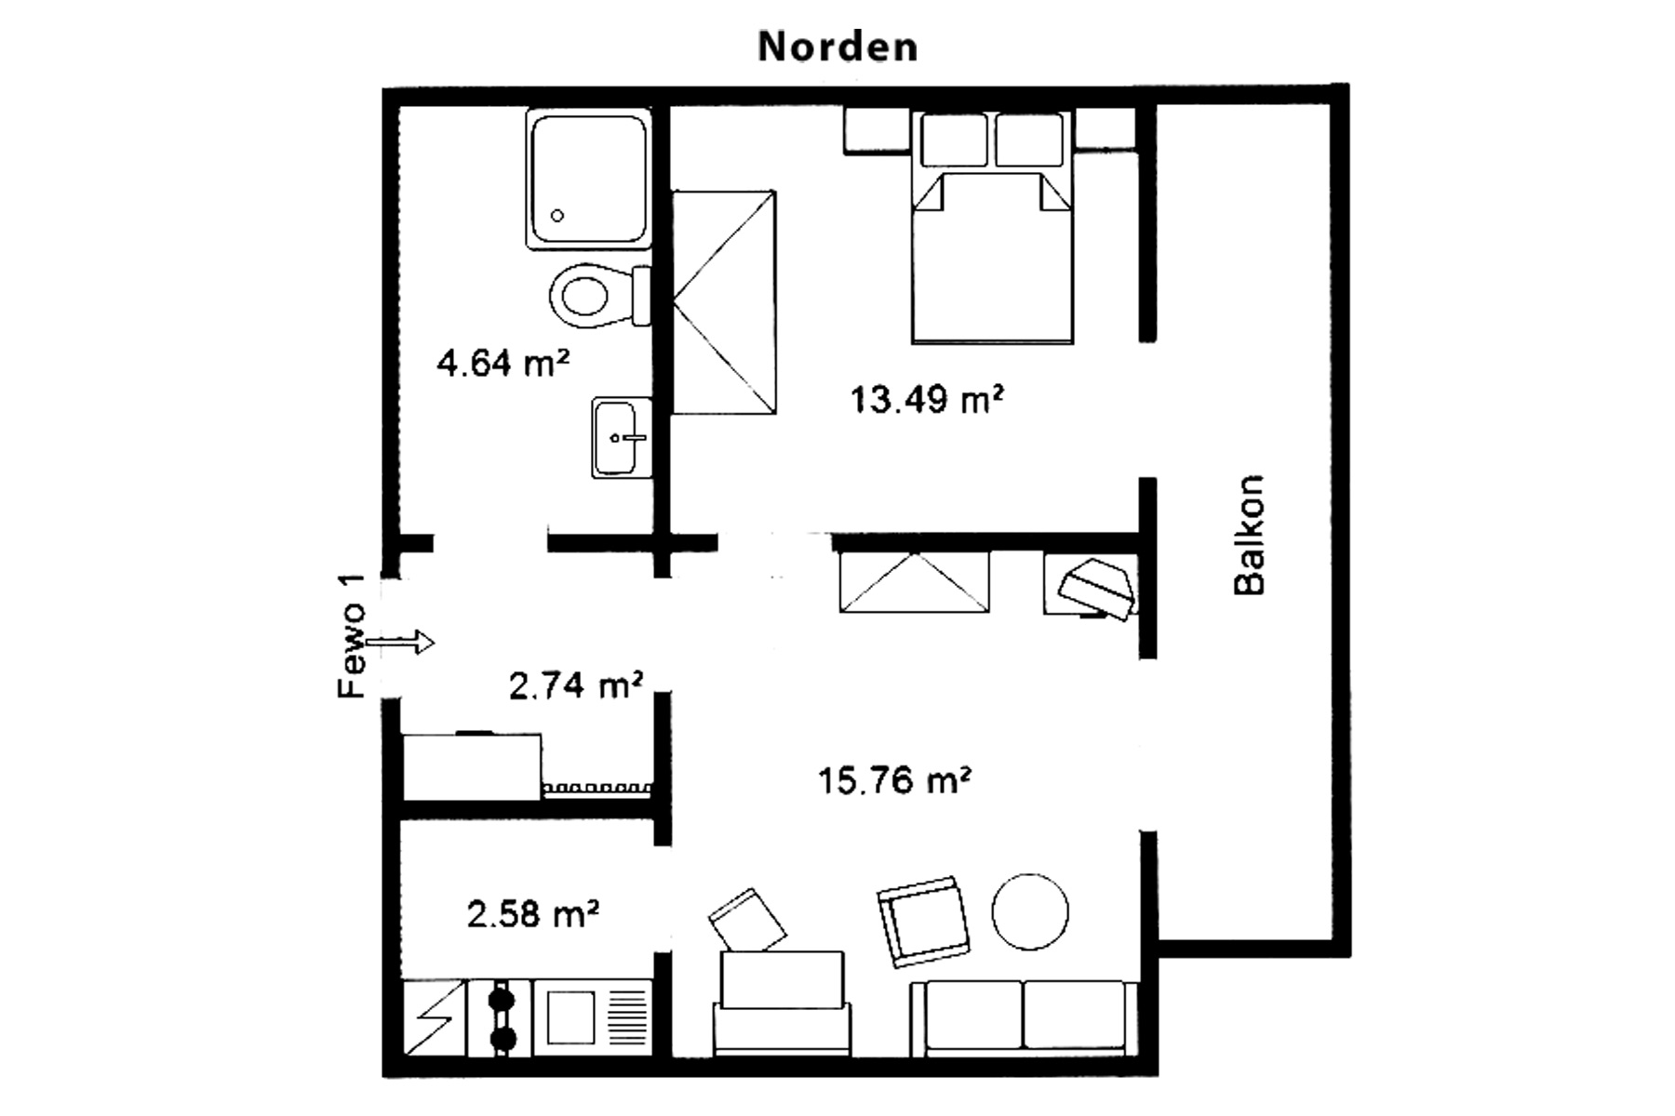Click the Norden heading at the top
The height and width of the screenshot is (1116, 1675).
click(837, 46)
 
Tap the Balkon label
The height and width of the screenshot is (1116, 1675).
click(1249, 535)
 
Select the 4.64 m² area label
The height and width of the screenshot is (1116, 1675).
click(502, 362)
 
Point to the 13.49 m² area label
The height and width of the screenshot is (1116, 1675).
click(927, 400)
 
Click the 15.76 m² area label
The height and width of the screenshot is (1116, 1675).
click(894, 780)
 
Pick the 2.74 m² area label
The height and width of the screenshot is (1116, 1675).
click(576, 686)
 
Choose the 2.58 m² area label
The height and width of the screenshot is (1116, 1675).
click(532, 914)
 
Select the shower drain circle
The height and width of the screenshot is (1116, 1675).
click(557, 216)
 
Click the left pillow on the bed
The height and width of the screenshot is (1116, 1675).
click(954, 139)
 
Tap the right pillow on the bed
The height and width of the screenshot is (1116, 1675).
click(1029, 139)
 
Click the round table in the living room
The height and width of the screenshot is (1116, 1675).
click(1030, 911)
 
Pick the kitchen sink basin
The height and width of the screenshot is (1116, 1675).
click(570, 1017)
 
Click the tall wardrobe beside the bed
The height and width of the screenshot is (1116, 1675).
click(724, 302)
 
